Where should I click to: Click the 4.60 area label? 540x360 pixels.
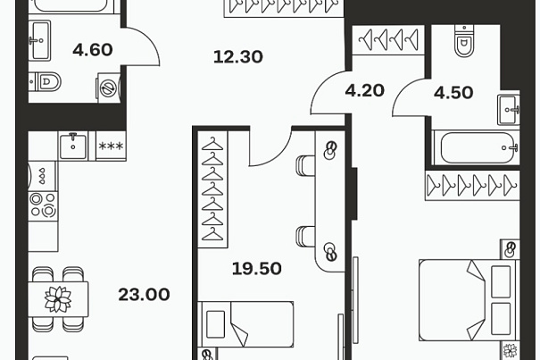click(x=93, y=50)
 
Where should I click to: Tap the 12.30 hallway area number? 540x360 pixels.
click(x=238, y=57)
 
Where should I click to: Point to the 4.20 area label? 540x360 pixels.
click(x=365, y=91)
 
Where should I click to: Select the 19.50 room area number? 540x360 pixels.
click(x=257, y=269)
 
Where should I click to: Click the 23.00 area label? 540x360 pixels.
click(x=144, y=295)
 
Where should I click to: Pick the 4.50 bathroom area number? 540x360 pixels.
click(x=453, y=93)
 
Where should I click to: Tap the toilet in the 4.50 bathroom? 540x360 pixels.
click(x=464, y=41)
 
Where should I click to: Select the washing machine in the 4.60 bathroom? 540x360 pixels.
click(x=109, y=88)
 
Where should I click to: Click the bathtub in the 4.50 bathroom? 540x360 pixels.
click(x=478, y=147)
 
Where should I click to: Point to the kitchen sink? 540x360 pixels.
click(x=73, y=146)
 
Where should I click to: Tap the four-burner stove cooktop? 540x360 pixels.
click(x=43, y=205)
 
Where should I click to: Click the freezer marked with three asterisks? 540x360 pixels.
click(x=111, y=146)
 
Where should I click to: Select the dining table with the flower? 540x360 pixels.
click(x=58, y=299)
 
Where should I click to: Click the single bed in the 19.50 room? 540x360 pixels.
click(x=245, y=324)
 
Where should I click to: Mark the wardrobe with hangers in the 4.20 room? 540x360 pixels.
click(x=388, y=39)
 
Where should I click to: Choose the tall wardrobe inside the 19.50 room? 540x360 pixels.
click(x=212, y=189)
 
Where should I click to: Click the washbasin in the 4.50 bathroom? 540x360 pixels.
click(x=509, y=110)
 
